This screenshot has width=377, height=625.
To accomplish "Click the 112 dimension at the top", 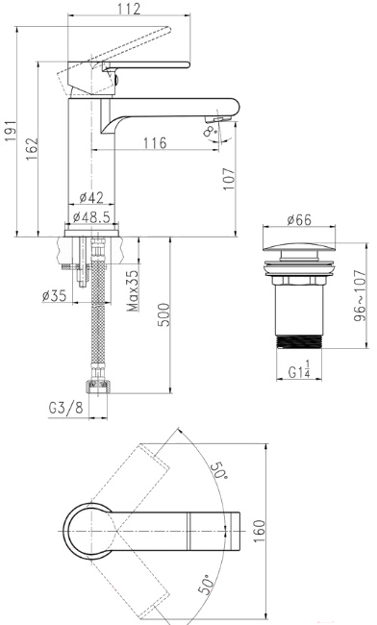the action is pyautogui.click(x=129, y=8).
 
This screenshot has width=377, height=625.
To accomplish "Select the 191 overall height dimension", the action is pyautogui.click(x=10, y=131).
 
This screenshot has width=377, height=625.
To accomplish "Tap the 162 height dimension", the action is pyautogui.click(x=32, y=149).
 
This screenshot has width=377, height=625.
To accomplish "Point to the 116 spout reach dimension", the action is pyautogui.click(x=155, y=142).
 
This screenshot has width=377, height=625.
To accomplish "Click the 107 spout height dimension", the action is pyautogui.click(x=228, y=179).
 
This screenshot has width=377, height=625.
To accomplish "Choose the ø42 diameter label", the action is pyautogui.click(x=91, y=197).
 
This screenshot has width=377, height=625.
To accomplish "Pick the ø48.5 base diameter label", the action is pyautogui.click(x=91, y=217).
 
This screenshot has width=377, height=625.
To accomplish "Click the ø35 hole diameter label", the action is pyautogui.click(x=54, y=295).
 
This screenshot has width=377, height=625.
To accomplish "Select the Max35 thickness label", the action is pyautogui.click(x=133, y=290).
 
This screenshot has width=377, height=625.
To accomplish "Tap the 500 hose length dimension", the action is pyautogui.click(x=163, y=314).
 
